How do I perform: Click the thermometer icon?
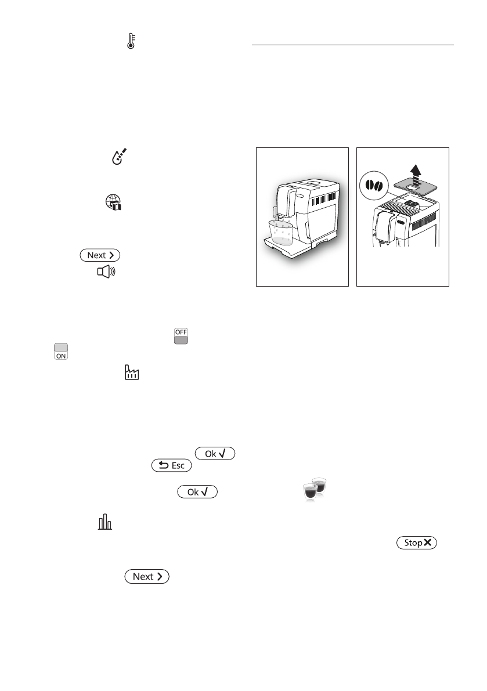pos(131,41)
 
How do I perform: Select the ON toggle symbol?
pos(60,352)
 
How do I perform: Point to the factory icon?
pos(133,372)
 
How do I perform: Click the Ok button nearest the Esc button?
pos(216,453)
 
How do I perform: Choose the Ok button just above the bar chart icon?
pos(198,492)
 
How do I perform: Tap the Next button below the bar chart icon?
pos(146,577)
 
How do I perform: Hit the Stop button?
pos(416,543)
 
